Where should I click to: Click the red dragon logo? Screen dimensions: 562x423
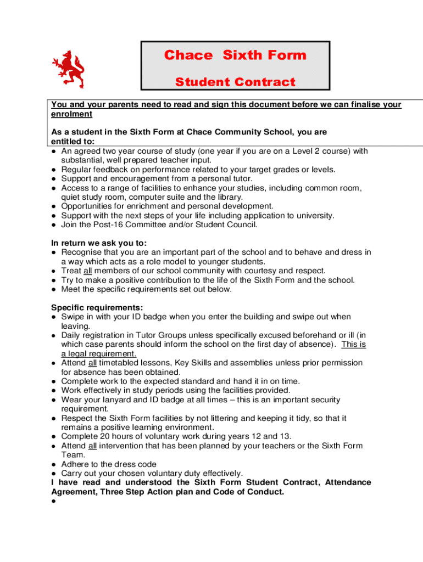click(x=68, y=69)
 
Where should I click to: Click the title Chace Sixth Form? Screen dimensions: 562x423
click(x=235, y=55)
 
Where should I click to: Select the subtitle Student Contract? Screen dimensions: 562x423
click(x=235, y=82)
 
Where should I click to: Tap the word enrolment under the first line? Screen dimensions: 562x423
click(x=71, y=114)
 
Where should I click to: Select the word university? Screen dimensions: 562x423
click(x=314, y=215)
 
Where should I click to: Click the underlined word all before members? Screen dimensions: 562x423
click(x=87, y=271)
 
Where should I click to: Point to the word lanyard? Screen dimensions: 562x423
click(x=121, y=400)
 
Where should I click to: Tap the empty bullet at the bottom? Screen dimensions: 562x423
click(x=53, y=501)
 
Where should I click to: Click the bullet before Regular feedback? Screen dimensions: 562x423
click(x=53, y=170)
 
